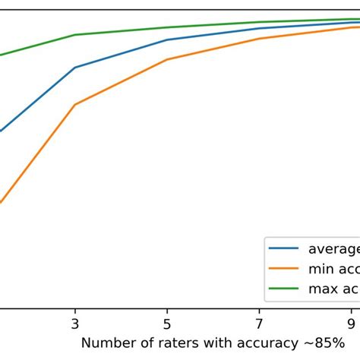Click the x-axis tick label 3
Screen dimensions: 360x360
point(74,322)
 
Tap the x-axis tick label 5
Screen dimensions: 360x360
point(167,322)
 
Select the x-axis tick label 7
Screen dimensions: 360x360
point(260,322)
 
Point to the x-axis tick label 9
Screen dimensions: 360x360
point(352,322)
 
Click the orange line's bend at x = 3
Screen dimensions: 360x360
point(74,104)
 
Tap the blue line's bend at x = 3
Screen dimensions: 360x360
point(74,68)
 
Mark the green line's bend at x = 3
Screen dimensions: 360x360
point(74,35)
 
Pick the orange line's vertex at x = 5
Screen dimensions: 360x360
point(167,58)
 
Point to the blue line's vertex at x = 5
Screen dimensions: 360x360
point(167,39)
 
